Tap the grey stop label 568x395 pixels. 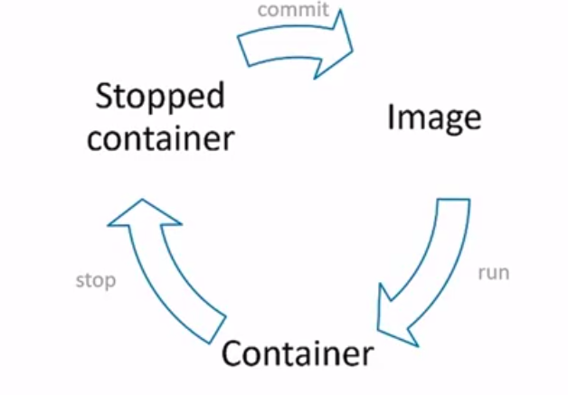(96, 280)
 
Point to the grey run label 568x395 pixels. (493, 272)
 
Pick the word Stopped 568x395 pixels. (159, 97)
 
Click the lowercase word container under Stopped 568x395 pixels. (162, 138)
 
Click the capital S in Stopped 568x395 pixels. (104, 96)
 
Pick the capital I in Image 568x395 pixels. (392, 117)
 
